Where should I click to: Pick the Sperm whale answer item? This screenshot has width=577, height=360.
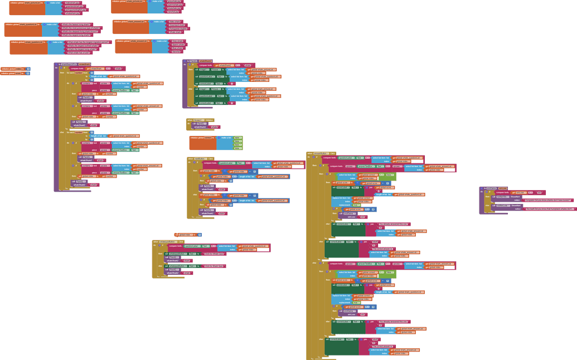178,44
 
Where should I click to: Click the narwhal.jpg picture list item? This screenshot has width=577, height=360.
174,12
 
